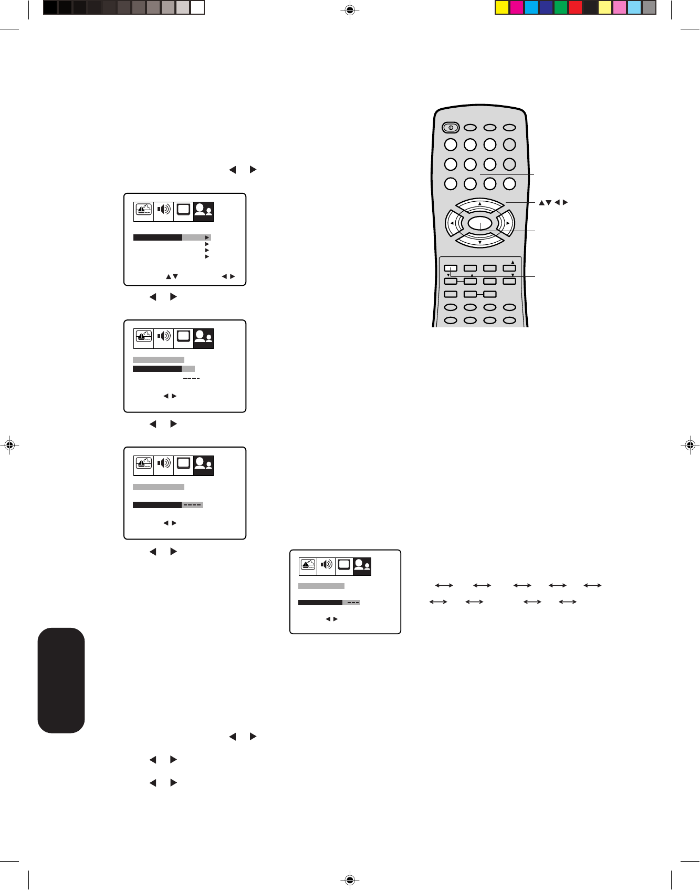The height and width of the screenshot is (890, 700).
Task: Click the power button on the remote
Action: (451, 127)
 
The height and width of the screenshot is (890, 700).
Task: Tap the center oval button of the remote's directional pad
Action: (480, 224)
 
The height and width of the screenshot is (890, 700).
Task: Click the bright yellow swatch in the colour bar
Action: (502, 7)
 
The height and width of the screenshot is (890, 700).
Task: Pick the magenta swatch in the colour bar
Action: (517, 7)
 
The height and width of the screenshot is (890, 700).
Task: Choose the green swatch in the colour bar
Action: (561, 7)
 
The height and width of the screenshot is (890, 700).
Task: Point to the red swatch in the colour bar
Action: (576, 7)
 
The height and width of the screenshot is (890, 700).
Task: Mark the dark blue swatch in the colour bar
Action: (546, 7)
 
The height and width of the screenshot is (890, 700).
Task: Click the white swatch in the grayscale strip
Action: (197, 7)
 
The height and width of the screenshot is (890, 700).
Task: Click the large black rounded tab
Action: (61, 680)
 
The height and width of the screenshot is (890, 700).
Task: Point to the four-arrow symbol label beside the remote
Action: (553, 202)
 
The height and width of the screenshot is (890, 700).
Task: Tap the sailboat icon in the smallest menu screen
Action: (308, 565)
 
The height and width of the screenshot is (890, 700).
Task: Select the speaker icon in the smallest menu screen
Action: (327, 565)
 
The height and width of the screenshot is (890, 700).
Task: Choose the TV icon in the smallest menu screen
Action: (344, 565)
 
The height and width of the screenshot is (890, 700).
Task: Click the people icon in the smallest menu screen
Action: (362, 565)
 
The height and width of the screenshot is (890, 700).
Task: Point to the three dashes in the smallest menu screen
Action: (353, 603)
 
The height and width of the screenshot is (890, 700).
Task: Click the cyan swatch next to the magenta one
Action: (531, 7)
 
